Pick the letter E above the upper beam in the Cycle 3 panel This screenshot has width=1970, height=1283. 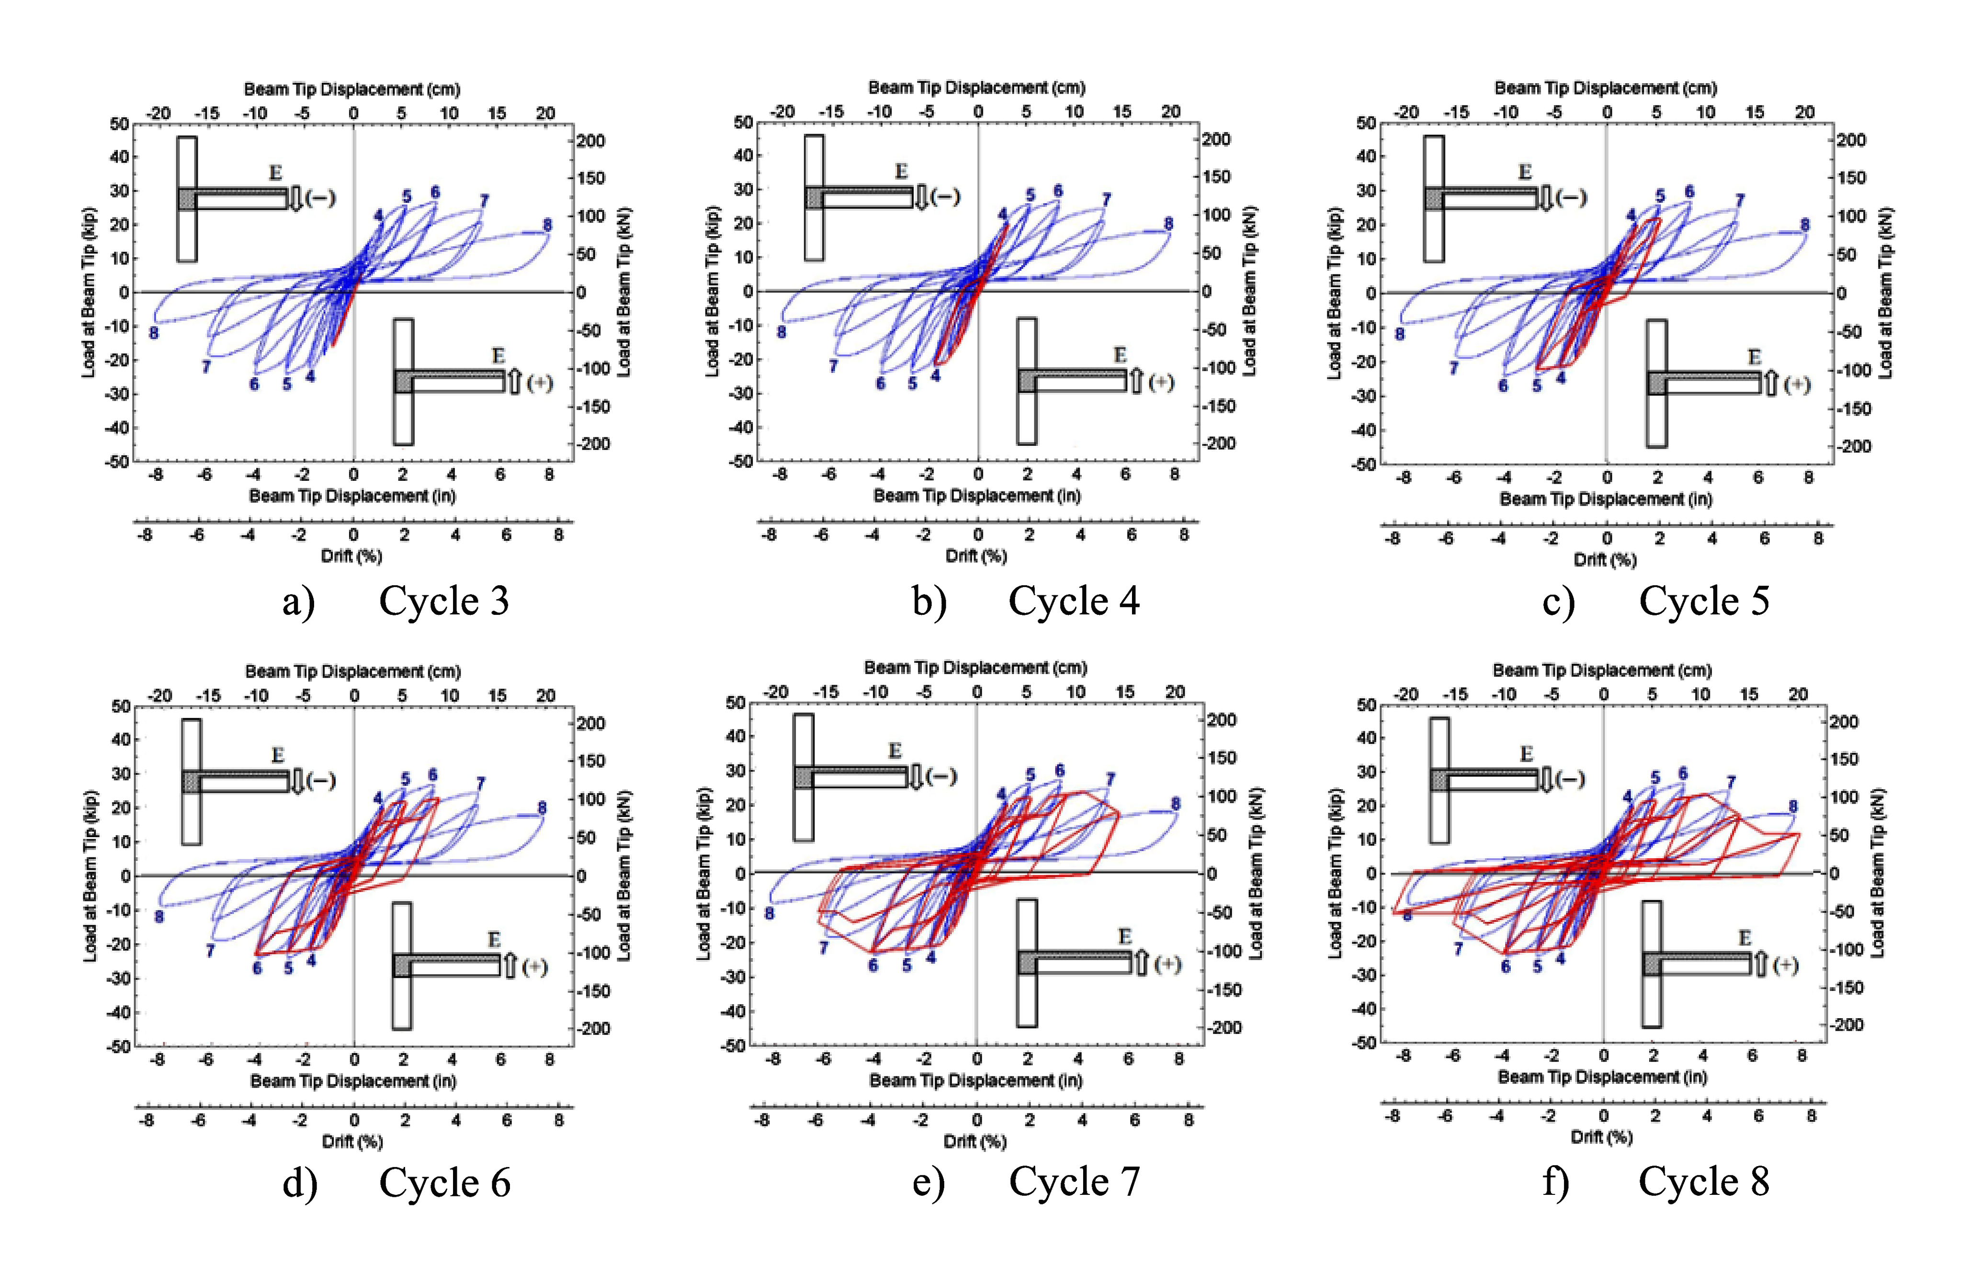[276, 172]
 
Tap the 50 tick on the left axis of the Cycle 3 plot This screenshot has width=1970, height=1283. [119, 124]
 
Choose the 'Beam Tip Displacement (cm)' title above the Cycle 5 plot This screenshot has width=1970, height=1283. [1605, 88]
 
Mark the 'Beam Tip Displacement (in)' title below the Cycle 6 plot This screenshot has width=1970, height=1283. [353, 1081]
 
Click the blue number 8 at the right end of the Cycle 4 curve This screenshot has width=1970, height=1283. [1168, 224]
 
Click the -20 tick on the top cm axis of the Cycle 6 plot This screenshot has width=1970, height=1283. [160, 696]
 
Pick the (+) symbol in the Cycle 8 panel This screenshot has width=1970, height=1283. [1786, 965]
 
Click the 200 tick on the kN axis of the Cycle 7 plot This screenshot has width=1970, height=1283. [1222, 720]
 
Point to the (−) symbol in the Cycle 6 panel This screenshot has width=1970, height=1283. [320, 781]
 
